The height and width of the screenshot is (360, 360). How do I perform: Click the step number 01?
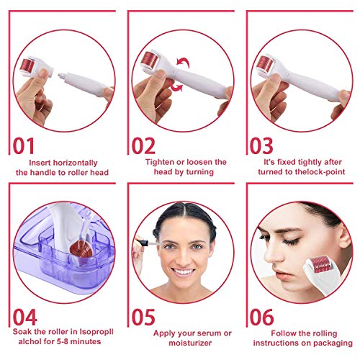pyautogui.click(x=24, y=145)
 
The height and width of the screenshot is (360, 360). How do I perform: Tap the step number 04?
pyautogui.click(x=24, y=317)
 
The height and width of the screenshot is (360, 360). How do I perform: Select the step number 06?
pyautogui.click(x=261, y=317)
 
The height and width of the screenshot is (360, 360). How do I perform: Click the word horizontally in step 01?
pyautogui.click(x=75, y=163)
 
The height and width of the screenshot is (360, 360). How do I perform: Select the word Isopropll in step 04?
pyautogui.click(x=96, y=332)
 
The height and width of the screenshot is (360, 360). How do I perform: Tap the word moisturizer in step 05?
pyautogui.click(x=190, y=343)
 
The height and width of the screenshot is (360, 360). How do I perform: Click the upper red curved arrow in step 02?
pyautogui.click(x=184, y=62)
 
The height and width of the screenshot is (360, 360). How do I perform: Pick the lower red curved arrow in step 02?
pyautogui.click(x=176, y=86)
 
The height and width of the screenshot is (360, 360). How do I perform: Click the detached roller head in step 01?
pyautogui.click(x=36, y=67)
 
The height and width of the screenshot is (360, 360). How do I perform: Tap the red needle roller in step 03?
pyautogui.click(x=265, y=63)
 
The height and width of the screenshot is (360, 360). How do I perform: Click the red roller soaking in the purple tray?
pyautogui.click(x=81, y=248)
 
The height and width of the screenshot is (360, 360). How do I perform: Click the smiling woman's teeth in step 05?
pyautogui.click(x=183, y=272)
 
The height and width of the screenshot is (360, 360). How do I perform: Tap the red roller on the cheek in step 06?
pyautogui.click(x=321, y=264)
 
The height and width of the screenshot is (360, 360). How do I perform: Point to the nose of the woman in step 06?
pyautogui.click(x=272, y=254)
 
